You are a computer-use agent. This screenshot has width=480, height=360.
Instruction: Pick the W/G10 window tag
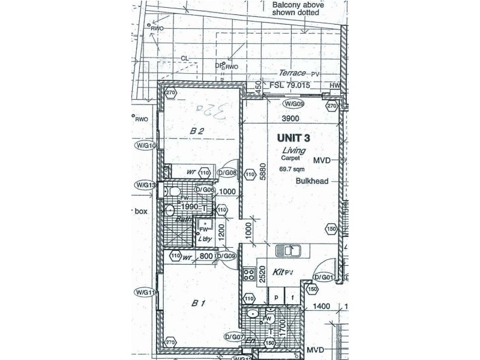coord(145,145)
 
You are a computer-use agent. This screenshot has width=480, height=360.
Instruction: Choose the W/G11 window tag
coord(145,292)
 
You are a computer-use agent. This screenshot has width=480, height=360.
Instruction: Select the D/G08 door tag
coord(229,173)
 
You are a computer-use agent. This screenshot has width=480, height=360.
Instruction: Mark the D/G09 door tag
coord(226,256)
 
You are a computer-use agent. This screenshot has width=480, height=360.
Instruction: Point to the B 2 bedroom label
coord(198,131)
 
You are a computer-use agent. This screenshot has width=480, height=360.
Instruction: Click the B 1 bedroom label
coord(199,304)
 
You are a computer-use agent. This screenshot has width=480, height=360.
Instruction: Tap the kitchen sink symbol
coord(288,251)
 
